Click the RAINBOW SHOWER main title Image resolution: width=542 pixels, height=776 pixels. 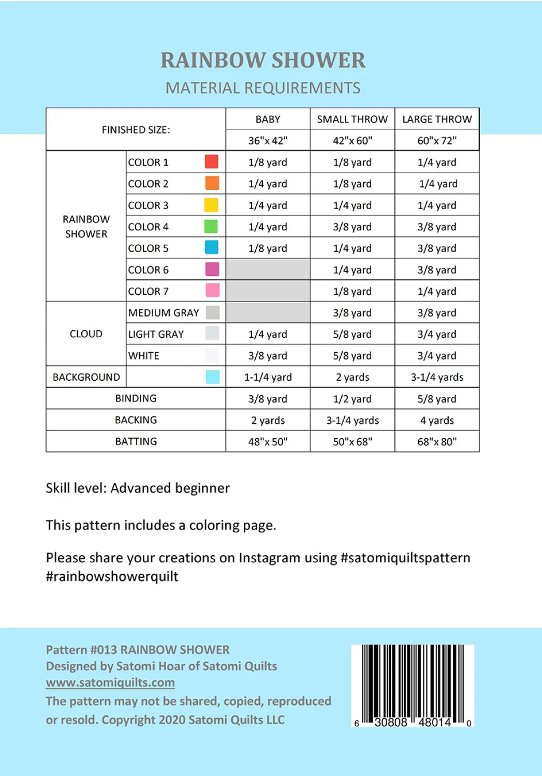[263, 60]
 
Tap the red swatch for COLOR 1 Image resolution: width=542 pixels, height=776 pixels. [211, 162]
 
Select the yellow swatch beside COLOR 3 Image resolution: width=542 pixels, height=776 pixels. [211, 205]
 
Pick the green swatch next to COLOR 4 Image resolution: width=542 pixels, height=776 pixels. [211, 227]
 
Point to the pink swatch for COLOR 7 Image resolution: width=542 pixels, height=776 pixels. [212, 291]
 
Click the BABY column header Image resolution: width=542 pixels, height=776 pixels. [268, 120]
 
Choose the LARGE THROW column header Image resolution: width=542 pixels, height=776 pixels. [437, 120]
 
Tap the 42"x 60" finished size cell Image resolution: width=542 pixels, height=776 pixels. [352, 141]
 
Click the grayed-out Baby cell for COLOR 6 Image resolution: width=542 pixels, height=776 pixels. [268, 270]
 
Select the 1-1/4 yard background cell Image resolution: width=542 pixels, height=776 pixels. [268, 377]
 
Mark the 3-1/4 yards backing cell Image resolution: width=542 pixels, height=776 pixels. [352, 420]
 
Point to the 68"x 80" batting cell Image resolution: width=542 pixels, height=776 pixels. [437, 442]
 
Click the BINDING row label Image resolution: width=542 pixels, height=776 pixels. [136, 398]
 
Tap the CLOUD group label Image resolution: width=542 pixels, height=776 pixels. [86, 334]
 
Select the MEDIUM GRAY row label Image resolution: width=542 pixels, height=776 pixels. [164, 312]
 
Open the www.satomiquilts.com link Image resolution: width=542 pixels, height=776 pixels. [110, 682]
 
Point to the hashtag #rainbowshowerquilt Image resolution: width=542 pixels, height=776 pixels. [112, 576]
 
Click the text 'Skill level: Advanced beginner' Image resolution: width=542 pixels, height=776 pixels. [138, 488]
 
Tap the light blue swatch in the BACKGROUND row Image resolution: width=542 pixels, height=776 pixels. [212, 377]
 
